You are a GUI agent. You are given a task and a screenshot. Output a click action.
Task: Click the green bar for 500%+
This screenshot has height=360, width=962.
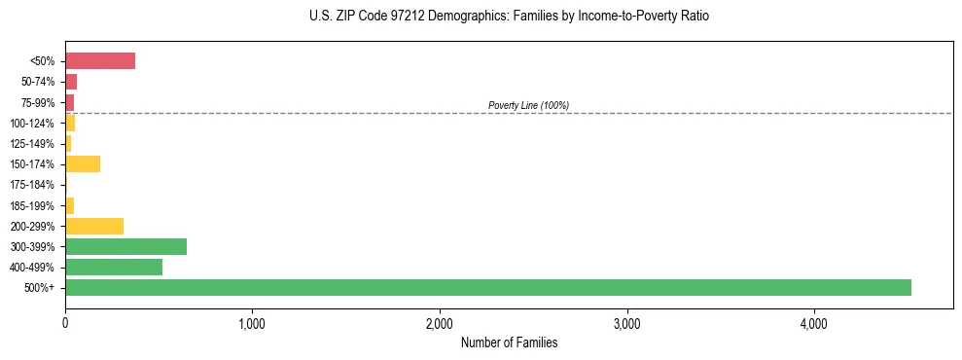pos(487,287)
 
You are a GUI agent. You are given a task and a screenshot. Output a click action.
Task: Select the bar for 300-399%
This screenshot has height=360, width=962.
pos(125,246)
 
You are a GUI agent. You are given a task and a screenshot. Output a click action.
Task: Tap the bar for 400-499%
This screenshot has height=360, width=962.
pos(114,267)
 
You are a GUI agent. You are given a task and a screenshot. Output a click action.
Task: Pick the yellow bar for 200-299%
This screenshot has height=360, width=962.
pos(94,226)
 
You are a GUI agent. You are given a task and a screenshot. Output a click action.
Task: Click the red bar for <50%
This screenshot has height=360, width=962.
pos(100,61)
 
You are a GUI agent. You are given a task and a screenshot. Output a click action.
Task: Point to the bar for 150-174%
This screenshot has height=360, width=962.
pos(83,163)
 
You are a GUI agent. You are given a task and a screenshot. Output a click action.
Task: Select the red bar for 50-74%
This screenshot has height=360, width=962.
pos(71,82)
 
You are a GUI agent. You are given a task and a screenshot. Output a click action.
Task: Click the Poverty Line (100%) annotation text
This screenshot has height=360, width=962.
pos(528,105)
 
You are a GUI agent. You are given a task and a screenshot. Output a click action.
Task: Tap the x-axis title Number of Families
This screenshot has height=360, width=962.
pos(509,342)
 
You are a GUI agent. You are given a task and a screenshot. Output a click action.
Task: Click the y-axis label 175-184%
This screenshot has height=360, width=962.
pos(32,185)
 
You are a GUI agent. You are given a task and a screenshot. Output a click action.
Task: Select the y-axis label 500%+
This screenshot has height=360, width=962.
pos(41,288)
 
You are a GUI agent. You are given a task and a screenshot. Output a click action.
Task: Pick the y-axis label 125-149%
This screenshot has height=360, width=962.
pos(32,144)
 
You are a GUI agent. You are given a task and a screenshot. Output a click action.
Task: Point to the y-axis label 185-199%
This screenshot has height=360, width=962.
pos(32,205)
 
